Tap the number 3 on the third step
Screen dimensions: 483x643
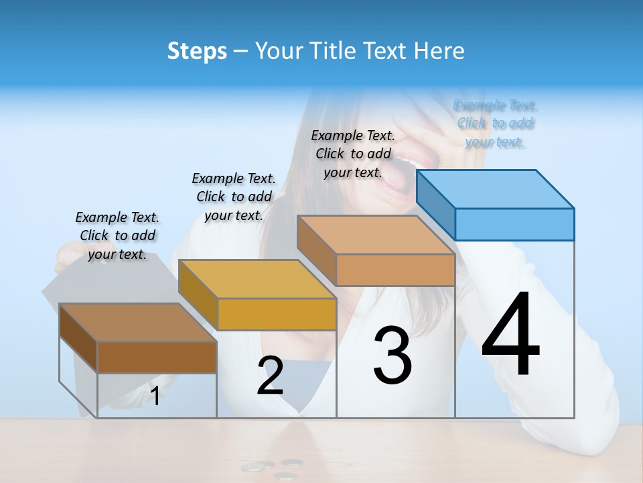[392, 355]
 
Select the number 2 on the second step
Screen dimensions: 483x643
[270, 376]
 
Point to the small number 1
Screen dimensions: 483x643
[155, 396]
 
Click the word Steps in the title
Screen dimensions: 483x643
[197, 51]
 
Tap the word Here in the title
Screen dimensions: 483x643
[439, 51]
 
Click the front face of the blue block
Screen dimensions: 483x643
[514, 224]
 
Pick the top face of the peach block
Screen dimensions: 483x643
[376, 235]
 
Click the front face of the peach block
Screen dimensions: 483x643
[395, 270]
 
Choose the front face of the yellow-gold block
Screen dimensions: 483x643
[277, 314]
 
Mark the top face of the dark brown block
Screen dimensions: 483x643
[138, 323]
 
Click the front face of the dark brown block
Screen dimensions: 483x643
[157, 357]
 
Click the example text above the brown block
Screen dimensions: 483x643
[117, 235]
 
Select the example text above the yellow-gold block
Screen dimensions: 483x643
[234, 197]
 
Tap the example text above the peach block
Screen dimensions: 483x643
[353, 154]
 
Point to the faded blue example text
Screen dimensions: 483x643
[495, 123]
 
